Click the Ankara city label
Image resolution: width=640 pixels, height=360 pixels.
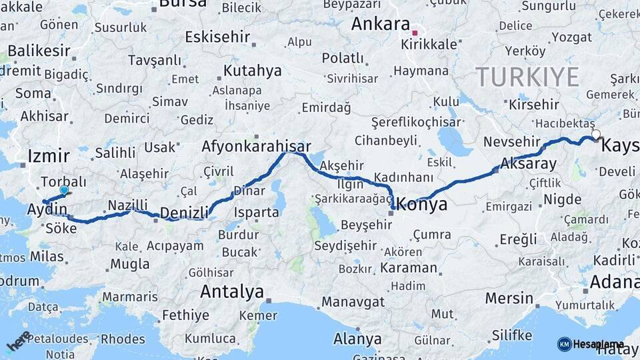pos(380,25)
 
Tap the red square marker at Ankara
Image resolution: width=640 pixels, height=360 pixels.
pos(415,32)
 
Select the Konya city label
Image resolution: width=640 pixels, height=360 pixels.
pos(423,205)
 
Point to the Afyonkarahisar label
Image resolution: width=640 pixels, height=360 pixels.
pos(257,147)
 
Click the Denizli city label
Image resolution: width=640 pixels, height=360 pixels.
pos(185,213)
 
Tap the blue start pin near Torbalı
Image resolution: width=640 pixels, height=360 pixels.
pos(64,191)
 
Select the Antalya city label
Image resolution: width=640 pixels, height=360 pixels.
pos(232,291)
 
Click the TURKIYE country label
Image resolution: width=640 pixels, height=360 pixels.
pos(527,77)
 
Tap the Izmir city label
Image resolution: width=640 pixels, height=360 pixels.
pos(49,157)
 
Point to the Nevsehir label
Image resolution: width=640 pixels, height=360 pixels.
pos(511,142)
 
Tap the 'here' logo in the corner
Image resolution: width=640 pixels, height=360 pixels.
pos(19,341)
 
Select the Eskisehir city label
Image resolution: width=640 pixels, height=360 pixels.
pos(217,37)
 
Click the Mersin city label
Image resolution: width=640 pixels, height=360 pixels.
pos(509,298)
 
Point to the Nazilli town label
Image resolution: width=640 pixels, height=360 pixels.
pos(127,205)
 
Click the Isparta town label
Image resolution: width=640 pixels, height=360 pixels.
pos(257,213)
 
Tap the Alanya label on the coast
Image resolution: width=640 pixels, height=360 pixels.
pos(357,339)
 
